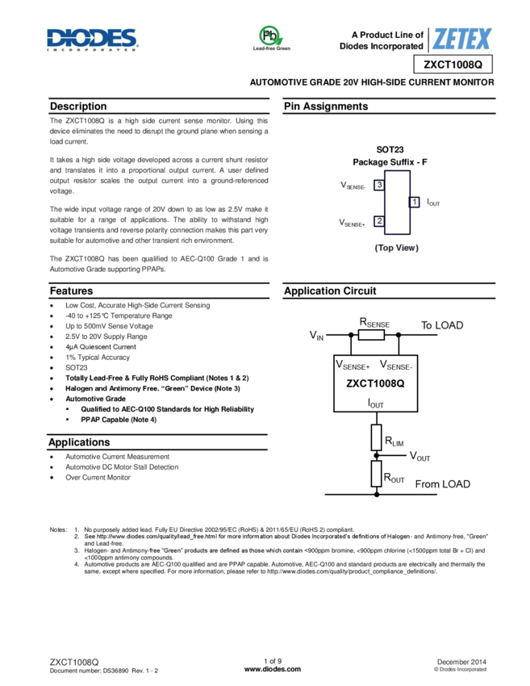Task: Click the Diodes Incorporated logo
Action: click(91, 40)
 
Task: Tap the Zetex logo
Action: click(461, 39)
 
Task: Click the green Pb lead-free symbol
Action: click(270, 36)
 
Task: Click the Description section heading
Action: click(78, 107)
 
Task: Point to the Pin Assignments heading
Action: click(326, 107)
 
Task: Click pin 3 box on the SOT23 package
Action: click(379, 186)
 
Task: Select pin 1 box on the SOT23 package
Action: click(414, 202)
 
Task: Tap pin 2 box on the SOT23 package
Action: click(379, 220)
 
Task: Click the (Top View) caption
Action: click(396, 248)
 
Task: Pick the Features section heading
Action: click(71, 291)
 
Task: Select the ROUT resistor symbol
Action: click(376, 474)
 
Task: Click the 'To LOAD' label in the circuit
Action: click(442, 325)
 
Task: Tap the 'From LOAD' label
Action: click(442, 484)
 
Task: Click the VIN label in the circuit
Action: click(316, 335)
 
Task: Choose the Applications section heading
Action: click(79, 442)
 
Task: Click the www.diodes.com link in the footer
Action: click(272, 669)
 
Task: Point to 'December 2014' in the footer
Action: click(461, 661)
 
